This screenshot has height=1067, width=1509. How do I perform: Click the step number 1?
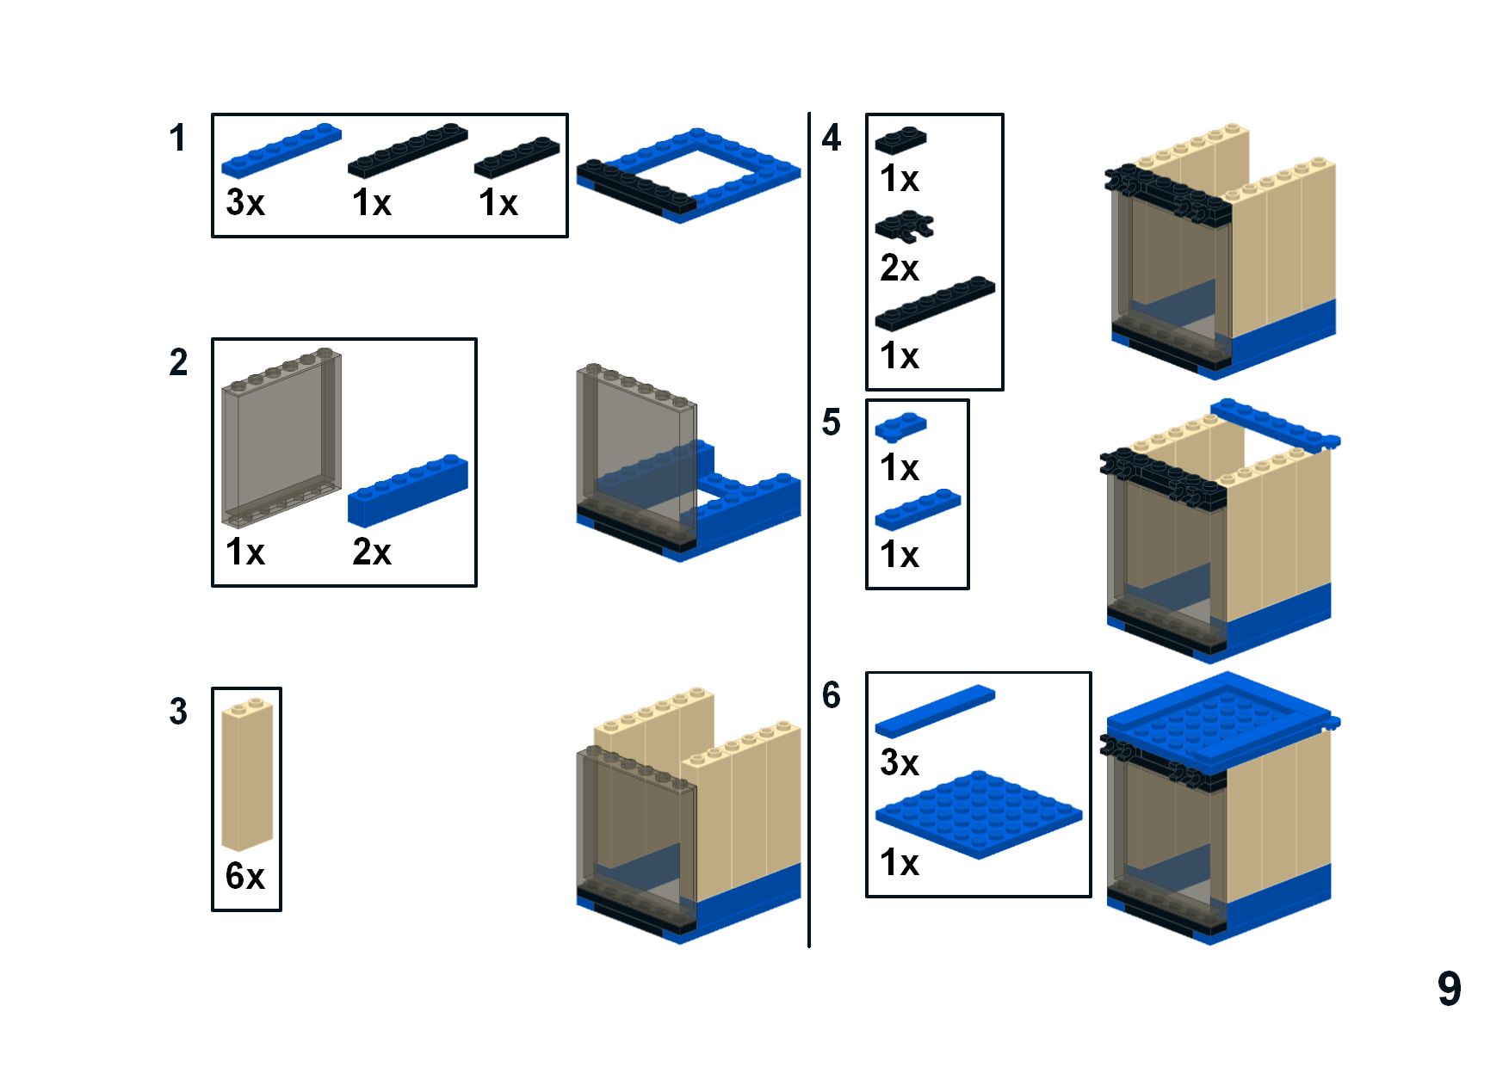pos(177,138)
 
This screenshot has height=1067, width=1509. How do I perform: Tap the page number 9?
pos(1449,989)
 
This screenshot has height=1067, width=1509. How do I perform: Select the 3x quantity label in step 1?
pos(245,203)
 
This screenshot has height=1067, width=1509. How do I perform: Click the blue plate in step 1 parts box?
pos(281,150)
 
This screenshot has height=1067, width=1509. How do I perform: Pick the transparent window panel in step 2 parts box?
pos(281,439)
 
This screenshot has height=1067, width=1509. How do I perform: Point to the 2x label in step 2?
pos(372,552)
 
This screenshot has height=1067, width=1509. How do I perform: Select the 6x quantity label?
pos(245,876)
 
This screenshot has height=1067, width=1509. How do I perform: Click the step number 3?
pos(177,712)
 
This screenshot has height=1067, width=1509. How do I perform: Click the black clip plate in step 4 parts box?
pos(904,227)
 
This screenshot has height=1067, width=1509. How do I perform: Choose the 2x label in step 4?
pos(900,268)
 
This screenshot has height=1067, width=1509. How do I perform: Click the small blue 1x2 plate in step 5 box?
pos(900,427)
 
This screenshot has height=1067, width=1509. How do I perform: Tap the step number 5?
pos(831,422)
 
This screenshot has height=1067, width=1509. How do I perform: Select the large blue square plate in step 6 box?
pos(978,812)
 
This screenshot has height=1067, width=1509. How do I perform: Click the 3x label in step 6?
pos(900,763)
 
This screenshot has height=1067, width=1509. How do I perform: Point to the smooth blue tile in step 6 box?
pos(935,711)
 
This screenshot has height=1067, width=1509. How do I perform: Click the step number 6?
pos(831,695)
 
